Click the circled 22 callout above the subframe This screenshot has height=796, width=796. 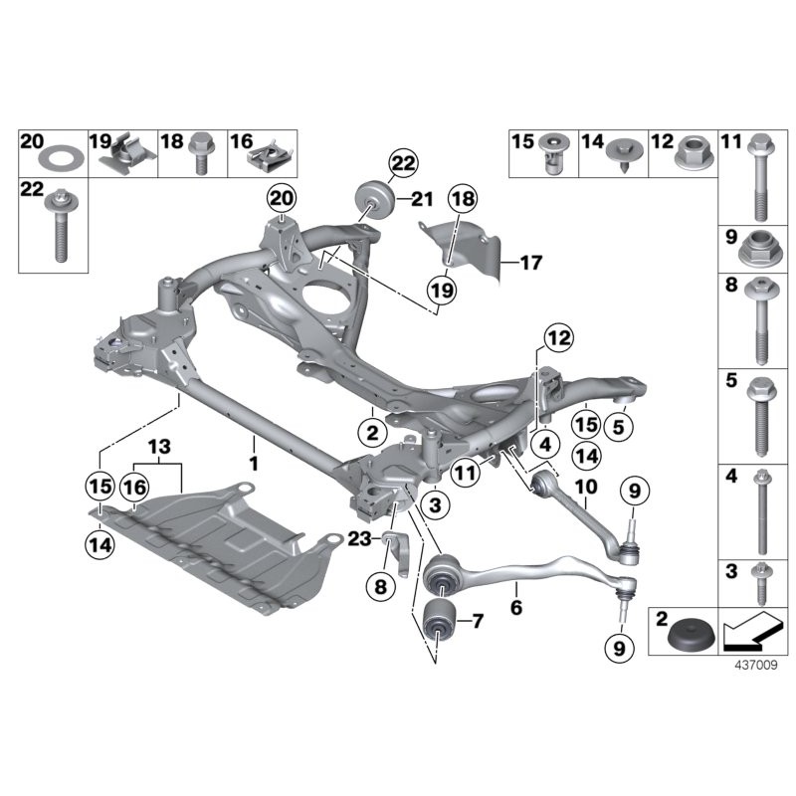tap(404, 163)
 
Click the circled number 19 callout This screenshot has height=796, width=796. tap(441, 290)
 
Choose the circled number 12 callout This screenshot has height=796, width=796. tap(558, 337)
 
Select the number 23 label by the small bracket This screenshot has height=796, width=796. tap(359, 538)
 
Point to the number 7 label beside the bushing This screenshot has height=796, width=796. tap(477, 623)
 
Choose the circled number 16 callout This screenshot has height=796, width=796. tap(133, 487)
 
